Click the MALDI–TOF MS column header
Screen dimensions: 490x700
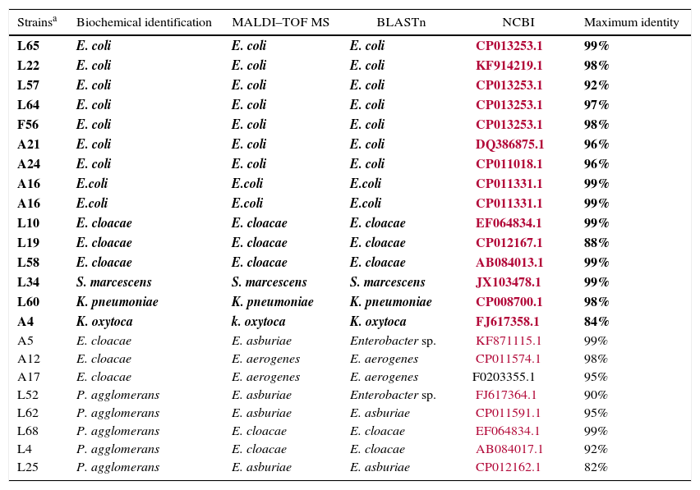click(280, 22)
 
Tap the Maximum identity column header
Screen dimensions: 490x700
click(631, 22)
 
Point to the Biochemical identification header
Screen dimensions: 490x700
click(144, 22)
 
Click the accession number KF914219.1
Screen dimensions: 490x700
click(509, 66)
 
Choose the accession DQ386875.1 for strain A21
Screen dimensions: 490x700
click(509, 144)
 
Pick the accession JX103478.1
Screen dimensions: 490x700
click(508, 282)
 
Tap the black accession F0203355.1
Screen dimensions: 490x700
click(503, 378)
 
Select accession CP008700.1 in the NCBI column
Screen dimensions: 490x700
click(509, 302)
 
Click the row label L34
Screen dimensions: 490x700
click(28, 282)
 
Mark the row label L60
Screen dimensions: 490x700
click(28, 302)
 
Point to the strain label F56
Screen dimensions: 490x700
click(28, 125)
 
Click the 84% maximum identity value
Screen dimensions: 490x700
click(596, 322)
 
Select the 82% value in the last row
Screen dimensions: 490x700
click(596, 468)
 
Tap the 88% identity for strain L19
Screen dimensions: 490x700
click(596, 243)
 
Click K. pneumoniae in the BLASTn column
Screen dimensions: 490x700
click(390, 302)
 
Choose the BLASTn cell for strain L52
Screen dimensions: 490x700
click(393, 396)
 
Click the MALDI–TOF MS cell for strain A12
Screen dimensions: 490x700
click(265, 359)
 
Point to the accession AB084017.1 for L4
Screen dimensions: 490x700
click(509, 450)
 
